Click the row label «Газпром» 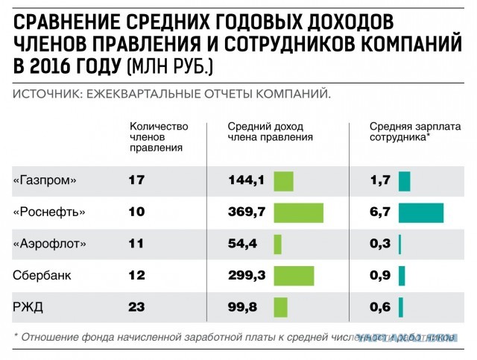click(x=45, y=181)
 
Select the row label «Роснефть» click(x=49, y=212)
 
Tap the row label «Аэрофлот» click(x=50, y=244)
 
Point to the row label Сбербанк click(x=42, y=275)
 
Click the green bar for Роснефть click(x=298, y=212)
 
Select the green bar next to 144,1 click(x=283, y=181)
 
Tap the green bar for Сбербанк click(x=294, y=275)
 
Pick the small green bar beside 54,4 click(x=277, y=244)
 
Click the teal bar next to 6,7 click(x=420, y=212)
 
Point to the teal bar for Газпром click(x=404, y=181)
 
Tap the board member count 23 click(x=136, y=306)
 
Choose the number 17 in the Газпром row click(x=136, y=181)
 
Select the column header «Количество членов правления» click(x=159, y=136)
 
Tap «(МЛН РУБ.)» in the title click(x=169, y=67)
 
